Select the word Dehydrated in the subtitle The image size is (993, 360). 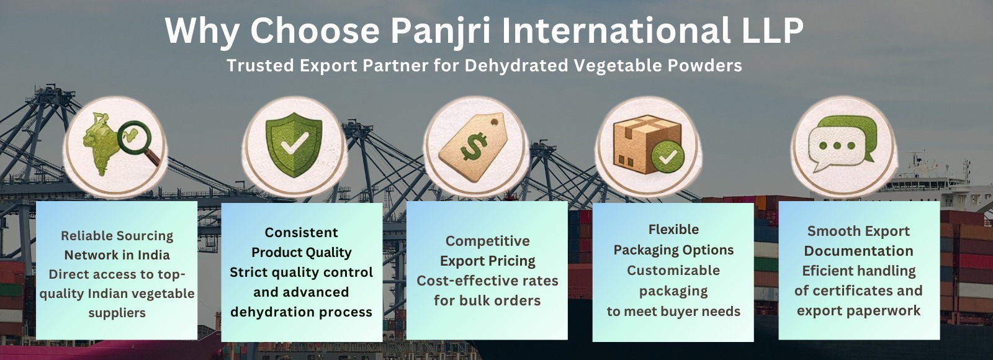point(516,66)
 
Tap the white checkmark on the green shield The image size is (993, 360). point(294,143)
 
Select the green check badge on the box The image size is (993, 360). point(668,157)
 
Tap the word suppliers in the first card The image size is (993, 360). point(117,313)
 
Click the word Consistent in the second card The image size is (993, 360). point(302,232)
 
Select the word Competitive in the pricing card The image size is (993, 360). point(488,241)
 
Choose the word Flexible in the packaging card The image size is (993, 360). point(673,229)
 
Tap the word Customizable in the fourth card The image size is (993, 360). point(673,271)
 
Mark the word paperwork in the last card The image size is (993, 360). point(883,311)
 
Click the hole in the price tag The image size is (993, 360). point(494,121)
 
